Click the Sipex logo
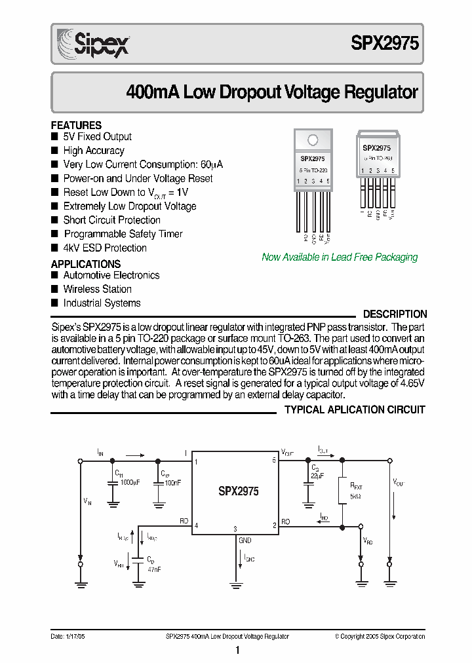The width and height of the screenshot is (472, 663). pyautogui.click(x=92, y=43)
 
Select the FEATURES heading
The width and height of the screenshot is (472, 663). pyautogui.click(x=76, y=125)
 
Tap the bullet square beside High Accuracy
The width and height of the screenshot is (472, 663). pyautogui.click(x=54, y=151)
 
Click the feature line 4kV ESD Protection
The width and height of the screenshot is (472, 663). pyautogui.click(x=105, y=248)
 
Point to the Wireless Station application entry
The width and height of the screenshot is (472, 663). pyautogui.click(x=97, y=289)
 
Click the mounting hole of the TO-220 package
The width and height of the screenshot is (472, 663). pyautogui.click(x=313, y=139)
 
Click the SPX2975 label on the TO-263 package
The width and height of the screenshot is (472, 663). pyautogui.click(x=376, y=149)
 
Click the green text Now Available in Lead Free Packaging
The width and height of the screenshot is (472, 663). pyautogui.click(x=340, y=257)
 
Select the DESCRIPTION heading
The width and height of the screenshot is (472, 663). pyautogui.click(x=395, y=314)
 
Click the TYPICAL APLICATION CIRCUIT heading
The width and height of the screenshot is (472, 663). pyautogui.click(x=355, y=409)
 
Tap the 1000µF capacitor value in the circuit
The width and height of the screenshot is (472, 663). pyautogui.click(x=129, y=482)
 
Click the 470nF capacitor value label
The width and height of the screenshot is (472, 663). pyautogui.click(x=153, y=569)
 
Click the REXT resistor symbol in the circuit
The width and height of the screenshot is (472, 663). pyautogui.click(x=342, y=490)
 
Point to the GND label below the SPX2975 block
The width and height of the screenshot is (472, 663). pyautogui.click(x=245, y=540)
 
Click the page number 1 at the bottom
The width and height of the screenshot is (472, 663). pyautogui.click(x=237, y=650)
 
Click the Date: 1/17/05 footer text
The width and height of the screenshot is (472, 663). pyautogui.click(x=69, y=636)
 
